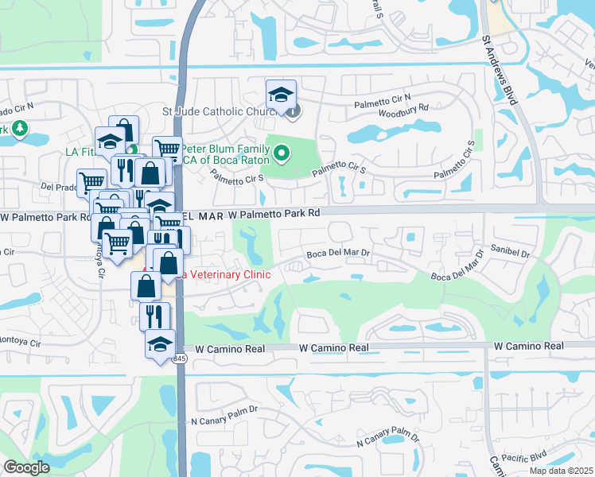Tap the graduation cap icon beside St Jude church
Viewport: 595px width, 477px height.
click(281, 95)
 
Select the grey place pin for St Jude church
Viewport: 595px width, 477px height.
click(293, 111)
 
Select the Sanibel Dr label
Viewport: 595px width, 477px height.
click(510, 251)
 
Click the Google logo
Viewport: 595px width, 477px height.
click(26, 468)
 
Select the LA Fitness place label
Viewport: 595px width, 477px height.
click(79, 153)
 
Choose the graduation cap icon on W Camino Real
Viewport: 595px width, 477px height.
click(160, 344)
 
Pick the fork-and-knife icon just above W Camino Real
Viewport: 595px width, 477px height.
click(154, 315)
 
